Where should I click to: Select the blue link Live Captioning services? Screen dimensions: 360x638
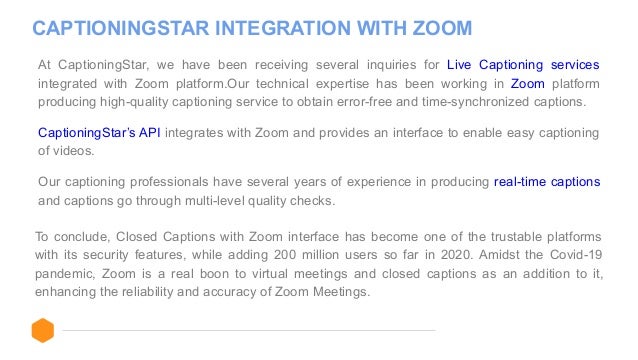tap(523, 64)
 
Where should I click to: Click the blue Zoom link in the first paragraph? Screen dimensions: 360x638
tap(527, 83)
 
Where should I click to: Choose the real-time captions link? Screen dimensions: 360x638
tap(546, 182)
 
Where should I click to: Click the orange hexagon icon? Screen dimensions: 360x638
tap(42, 330)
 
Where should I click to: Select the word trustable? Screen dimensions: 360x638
tap(508, 237)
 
